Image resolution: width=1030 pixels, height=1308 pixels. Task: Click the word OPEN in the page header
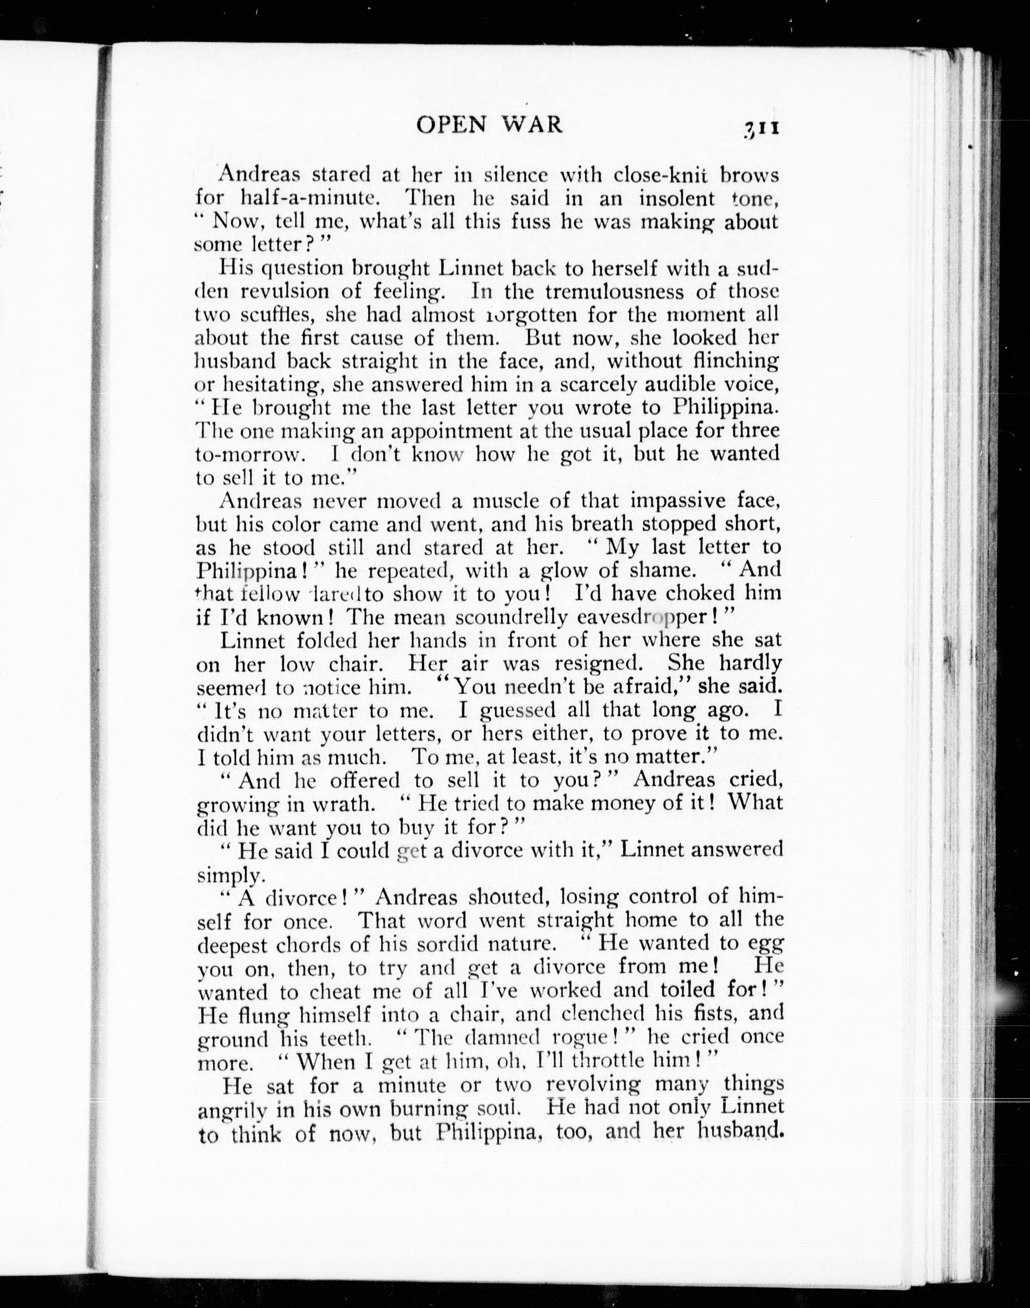pyautogui.click(x=451, y=125)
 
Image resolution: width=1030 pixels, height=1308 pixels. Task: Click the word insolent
pyautogui.click(x=677, y=198)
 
